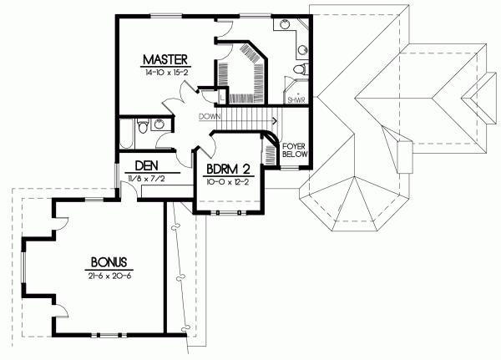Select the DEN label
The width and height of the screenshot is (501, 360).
pos(148,165)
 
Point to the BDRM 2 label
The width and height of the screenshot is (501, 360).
pos(228,169)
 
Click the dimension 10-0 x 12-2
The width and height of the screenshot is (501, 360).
pos(227,181)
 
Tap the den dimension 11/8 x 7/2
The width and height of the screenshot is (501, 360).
pos(147,178)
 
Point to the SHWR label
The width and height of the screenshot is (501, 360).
pos(296,100)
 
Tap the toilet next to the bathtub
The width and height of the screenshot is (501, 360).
pos(143,127)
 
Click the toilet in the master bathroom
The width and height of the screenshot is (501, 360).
pos(301,69)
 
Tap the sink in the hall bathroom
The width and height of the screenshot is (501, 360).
pos(160,126)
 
